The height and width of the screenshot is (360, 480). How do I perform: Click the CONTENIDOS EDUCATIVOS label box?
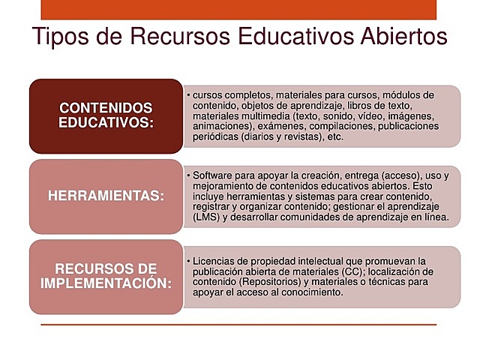(x=106, y=115)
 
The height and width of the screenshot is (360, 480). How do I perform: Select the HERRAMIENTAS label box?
(x=106, y=196)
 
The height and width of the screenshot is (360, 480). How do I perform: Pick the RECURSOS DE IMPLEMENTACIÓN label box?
(x=106, y=276)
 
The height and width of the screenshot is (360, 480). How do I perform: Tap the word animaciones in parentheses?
(x=220, y=127)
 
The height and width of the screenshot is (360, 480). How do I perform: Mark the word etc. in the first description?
(x=335, y=137)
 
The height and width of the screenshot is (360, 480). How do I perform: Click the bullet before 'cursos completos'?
(x=187, y=95)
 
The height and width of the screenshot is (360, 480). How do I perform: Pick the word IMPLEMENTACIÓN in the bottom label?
(x=106, y=283)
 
